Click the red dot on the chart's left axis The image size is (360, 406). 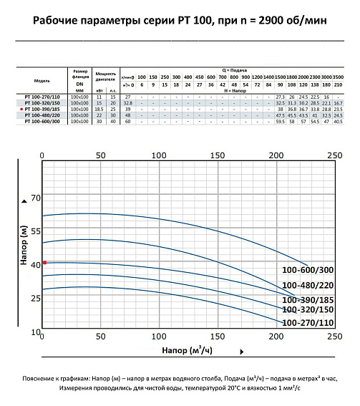[x=44, y=263]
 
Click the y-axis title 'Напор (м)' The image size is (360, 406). [x=23, y=247]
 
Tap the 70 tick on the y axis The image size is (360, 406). [x=35, y=198]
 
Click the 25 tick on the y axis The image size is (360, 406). [x=35, y=298]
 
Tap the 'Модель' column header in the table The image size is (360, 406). [x=42, y=81]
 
